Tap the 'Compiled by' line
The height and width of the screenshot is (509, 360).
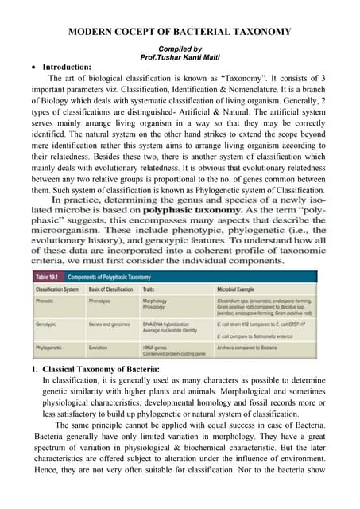click(x=180, y=49)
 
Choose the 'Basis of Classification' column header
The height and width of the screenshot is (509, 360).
click(x=112, y=291)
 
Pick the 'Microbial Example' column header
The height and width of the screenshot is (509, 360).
click(x=239, y=291)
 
